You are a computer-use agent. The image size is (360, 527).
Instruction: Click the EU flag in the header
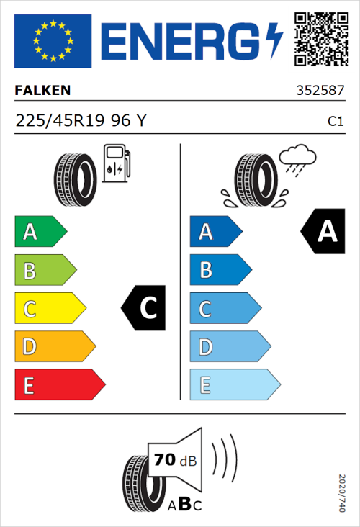pos(53,40)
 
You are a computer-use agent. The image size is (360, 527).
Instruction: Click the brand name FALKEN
pos(43,91)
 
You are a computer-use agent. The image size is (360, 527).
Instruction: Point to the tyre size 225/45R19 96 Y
pos(81,121)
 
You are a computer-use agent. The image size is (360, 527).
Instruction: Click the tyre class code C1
pos(335,122)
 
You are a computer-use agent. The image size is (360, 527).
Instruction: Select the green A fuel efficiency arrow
pos(40,232)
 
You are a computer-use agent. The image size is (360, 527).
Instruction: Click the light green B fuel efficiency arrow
pos(45,271)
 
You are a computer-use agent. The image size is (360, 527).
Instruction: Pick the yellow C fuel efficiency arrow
pos(50,309)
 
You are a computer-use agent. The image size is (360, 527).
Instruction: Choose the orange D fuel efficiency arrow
pos(54,347)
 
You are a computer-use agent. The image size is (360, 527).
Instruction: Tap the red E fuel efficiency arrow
pos(59,385)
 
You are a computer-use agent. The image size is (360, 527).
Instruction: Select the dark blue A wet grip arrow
pos(215,232)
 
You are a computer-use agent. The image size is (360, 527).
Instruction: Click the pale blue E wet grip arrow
pos(234,385)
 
